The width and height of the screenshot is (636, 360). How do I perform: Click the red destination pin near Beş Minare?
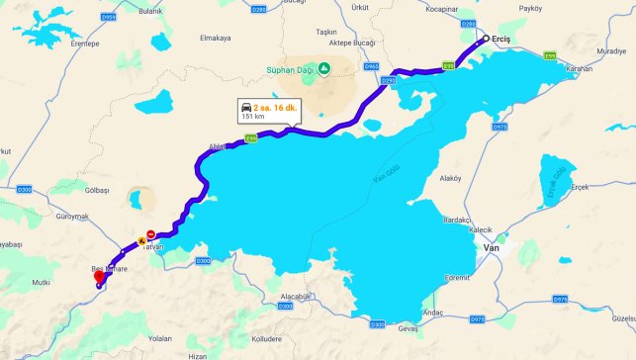pos(99,277)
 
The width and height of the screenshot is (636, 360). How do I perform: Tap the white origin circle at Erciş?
pos(483,39)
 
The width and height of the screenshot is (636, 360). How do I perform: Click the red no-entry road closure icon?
pos(150,234)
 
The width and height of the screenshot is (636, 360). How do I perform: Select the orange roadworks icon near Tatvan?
pos(142,240)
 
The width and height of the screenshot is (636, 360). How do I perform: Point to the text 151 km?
pos(253,116)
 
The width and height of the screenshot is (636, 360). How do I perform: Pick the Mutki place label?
pos(41,282)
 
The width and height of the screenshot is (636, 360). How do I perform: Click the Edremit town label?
pos(461,278)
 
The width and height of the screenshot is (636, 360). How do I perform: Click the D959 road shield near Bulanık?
pos(109,17)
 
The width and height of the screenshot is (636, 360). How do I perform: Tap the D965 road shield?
pos(371,66)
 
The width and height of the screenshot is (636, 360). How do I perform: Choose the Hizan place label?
pos(197,354)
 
